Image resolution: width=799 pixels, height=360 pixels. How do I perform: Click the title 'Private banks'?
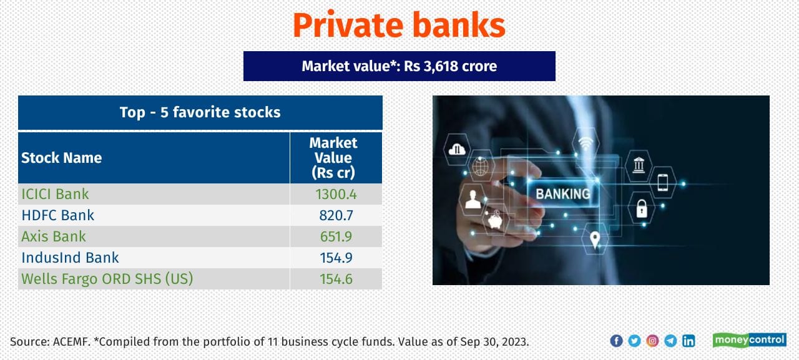399,26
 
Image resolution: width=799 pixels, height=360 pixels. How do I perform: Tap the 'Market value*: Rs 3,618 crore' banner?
399,66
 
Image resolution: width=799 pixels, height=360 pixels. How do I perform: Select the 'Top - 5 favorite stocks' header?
200,112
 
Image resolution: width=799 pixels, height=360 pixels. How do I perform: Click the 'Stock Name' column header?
62,158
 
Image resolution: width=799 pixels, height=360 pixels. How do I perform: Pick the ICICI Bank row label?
56,194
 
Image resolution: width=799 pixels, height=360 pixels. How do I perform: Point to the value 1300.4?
336,194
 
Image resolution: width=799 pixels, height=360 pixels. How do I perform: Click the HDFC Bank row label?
58,215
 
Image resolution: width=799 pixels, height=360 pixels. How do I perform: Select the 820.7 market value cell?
336,215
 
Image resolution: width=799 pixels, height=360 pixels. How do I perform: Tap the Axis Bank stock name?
54,236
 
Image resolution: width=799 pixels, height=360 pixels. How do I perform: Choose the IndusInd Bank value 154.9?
336,258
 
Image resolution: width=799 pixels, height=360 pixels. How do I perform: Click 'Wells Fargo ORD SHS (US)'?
107,279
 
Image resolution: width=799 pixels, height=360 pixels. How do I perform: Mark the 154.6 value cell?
336,279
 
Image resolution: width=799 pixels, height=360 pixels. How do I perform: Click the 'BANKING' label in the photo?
562,193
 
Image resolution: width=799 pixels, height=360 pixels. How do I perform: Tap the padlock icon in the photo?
641,208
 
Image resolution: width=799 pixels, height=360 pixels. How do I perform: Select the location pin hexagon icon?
595,239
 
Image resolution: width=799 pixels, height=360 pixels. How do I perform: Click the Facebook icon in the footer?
616,341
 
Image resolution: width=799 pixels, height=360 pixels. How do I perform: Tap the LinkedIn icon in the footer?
689,341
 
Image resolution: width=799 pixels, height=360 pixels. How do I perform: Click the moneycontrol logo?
749,340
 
